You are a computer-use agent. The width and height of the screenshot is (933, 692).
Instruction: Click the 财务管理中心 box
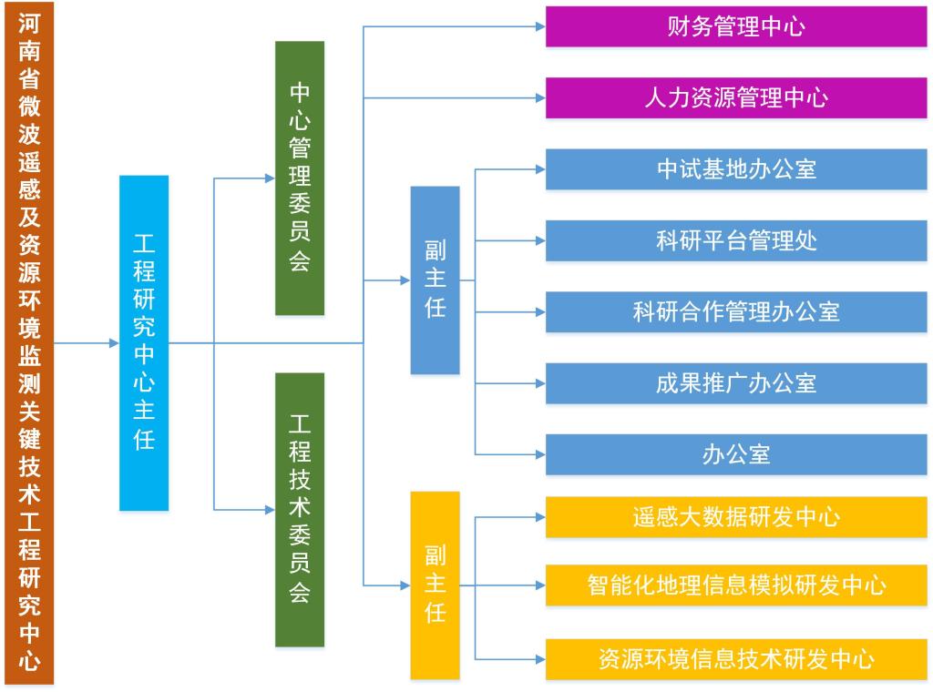[736, 26]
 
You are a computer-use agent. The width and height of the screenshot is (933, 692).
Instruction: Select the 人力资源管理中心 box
[736, 97]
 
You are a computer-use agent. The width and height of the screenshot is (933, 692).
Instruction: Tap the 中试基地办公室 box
[736, 169]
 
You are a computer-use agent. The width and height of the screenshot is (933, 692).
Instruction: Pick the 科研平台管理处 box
[736, 240]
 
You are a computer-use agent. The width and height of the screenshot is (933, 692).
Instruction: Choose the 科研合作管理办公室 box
[736, 311]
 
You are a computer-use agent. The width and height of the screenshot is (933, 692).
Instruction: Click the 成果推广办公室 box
[736, 383]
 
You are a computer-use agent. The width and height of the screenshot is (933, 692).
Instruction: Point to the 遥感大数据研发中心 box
[736, 517]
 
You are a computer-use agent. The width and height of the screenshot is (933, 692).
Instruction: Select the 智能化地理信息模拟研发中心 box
[736, 585]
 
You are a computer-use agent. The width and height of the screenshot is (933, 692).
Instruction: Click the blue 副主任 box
[435, 280]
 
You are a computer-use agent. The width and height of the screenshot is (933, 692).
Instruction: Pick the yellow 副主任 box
[435, 585]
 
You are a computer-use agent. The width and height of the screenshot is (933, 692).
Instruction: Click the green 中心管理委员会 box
[300, 178]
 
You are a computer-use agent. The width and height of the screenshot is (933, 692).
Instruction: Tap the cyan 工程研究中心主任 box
[144, 343]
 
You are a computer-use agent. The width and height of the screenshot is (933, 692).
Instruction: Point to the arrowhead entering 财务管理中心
[539, 26]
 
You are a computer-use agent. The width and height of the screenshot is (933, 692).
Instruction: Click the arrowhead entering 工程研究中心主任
[114, 343]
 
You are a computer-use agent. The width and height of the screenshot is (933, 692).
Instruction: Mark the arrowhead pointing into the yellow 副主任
[405, 585]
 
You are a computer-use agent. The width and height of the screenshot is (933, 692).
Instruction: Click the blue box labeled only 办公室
[736, 454]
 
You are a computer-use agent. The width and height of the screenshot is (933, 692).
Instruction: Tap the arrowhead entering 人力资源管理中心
[539, 97]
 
